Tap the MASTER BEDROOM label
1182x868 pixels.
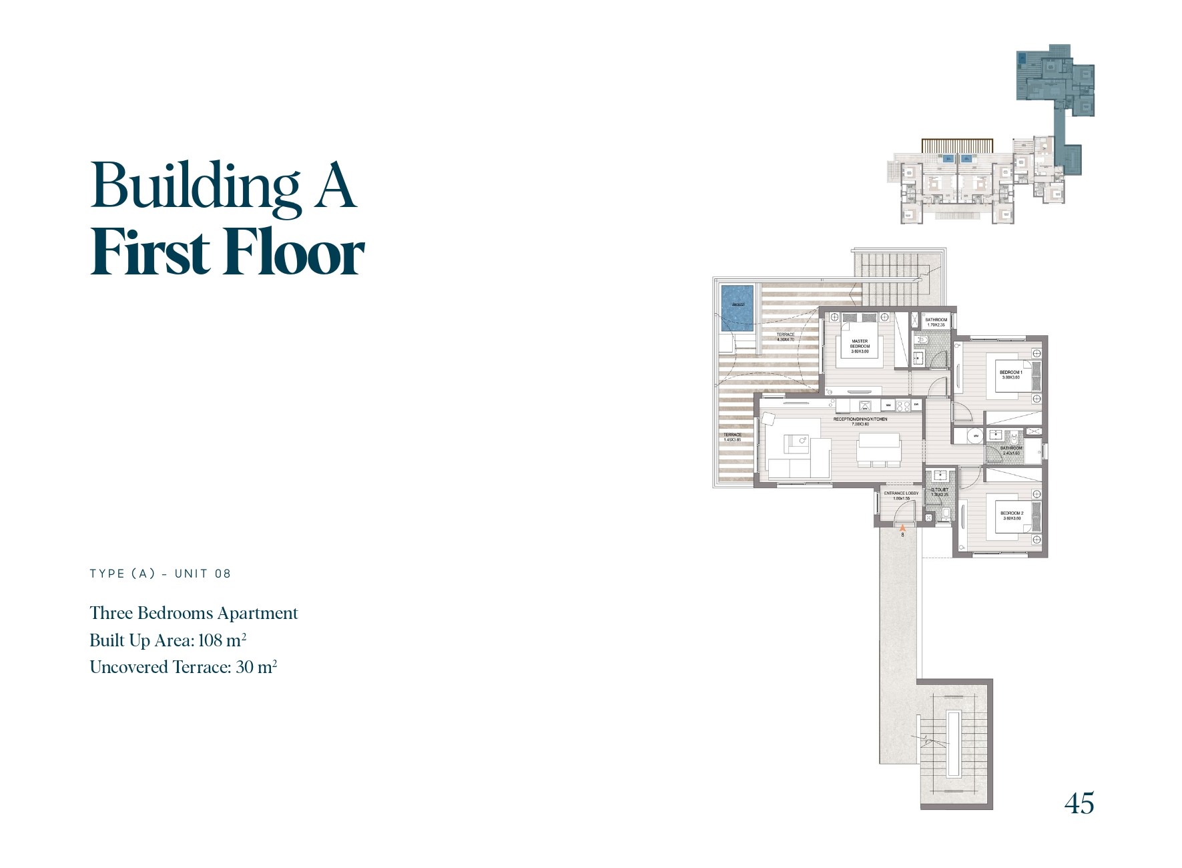pos(860,346)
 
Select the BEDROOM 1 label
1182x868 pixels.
pos(1010,375)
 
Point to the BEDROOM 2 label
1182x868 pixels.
pos(1012,515)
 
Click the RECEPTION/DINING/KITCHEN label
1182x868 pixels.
pos(860,421)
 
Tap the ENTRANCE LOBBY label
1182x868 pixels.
pos(901,495)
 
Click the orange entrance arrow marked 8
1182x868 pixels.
pos(902,528)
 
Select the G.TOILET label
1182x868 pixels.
pos(940,492)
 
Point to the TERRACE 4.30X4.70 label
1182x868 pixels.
pos(786,337)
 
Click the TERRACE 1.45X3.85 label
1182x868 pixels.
pos(732,437)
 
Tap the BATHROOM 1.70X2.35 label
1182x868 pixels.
pos(936,322)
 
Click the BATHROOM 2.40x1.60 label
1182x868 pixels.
pos(1011,451)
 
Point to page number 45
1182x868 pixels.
pos(1079,803)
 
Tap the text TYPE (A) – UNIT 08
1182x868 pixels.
pos(160,574)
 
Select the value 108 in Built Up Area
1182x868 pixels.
pos(210,640)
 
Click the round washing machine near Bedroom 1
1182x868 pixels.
pos(976,436)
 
